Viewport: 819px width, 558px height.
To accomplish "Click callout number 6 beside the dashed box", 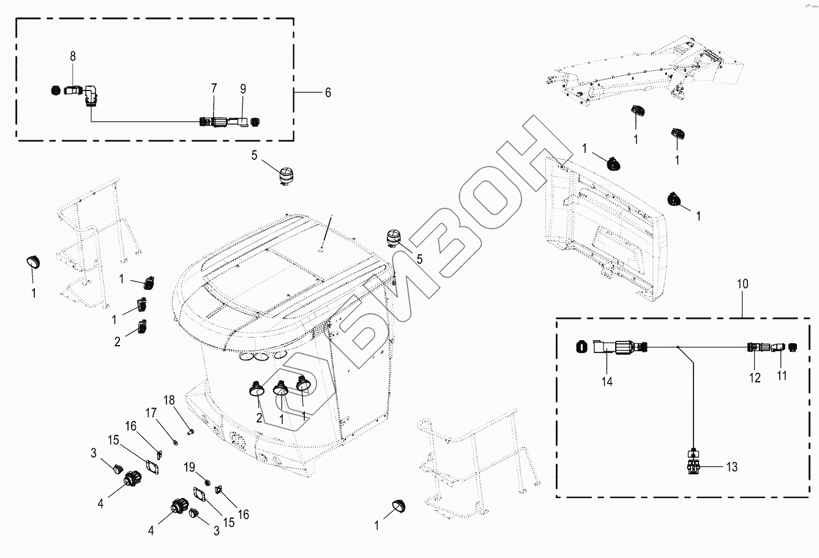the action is [327, 92].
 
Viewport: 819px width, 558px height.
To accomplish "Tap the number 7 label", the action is [214, 89].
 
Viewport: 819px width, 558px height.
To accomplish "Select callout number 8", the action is [73, 56].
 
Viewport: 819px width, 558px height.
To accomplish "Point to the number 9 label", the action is [243, 89].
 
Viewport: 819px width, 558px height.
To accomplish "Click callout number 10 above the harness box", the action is [742, 285].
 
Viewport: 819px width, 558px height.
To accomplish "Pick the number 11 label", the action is [782, 376].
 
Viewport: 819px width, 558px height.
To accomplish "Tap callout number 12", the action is [755, 378].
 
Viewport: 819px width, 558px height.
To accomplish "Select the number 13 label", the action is [731, 467].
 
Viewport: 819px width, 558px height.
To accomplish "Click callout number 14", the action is [607, 381].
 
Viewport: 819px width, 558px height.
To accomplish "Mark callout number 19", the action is [190, 467].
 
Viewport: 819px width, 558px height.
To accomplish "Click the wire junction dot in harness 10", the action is [678, 346].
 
